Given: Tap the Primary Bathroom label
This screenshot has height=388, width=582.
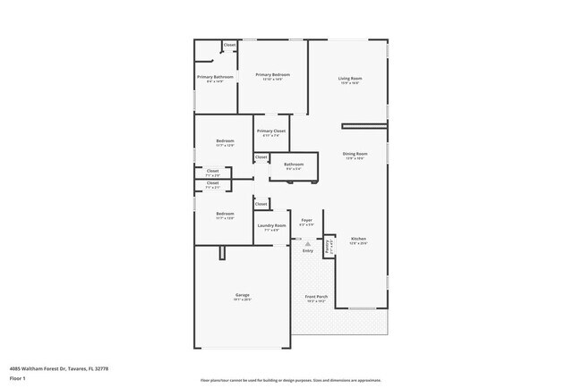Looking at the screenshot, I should click(x=215, y=77).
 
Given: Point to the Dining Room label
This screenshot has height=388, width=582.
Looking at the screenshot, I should click(x=355, y=154).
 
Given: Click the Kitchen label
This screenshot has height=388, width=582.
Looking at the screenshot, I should click(x=358, y=239).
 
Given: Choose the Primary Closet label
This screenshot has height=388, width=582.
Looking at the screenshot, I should click(x=270, y=131).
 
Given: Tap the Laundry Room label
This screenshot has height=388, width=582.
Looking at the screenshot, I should click(x=271, y=225).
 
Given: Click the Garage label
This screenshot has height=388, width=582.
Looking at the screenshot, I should click(x=243, y=295).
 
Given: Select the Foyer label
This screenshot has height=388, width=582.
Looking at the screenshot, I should click(x=306, y=219).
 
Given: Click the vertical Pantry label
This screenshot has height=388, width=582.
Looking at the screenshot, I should click(x=328, y=246).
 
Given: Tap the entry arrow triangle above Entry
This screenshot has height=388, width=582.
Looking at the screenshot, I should click(x=307, y=243).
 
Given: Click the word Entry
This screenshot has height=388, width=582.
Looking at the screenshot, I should click(x=307, y=250).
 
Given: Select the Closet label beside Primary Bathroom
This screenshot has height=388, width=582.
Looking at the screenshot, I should click(x=229, y=45).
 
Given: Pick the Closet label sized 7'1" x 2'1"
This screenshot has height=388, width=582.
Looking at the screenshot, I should click(x=212, y=184).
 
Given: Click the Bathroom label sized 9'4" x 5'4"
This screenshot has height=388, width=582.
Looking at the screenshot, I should click(x=294, y=164).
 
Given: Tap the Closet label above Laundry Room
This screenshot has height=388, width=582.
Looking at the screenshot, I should click(x=261, y=204).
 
